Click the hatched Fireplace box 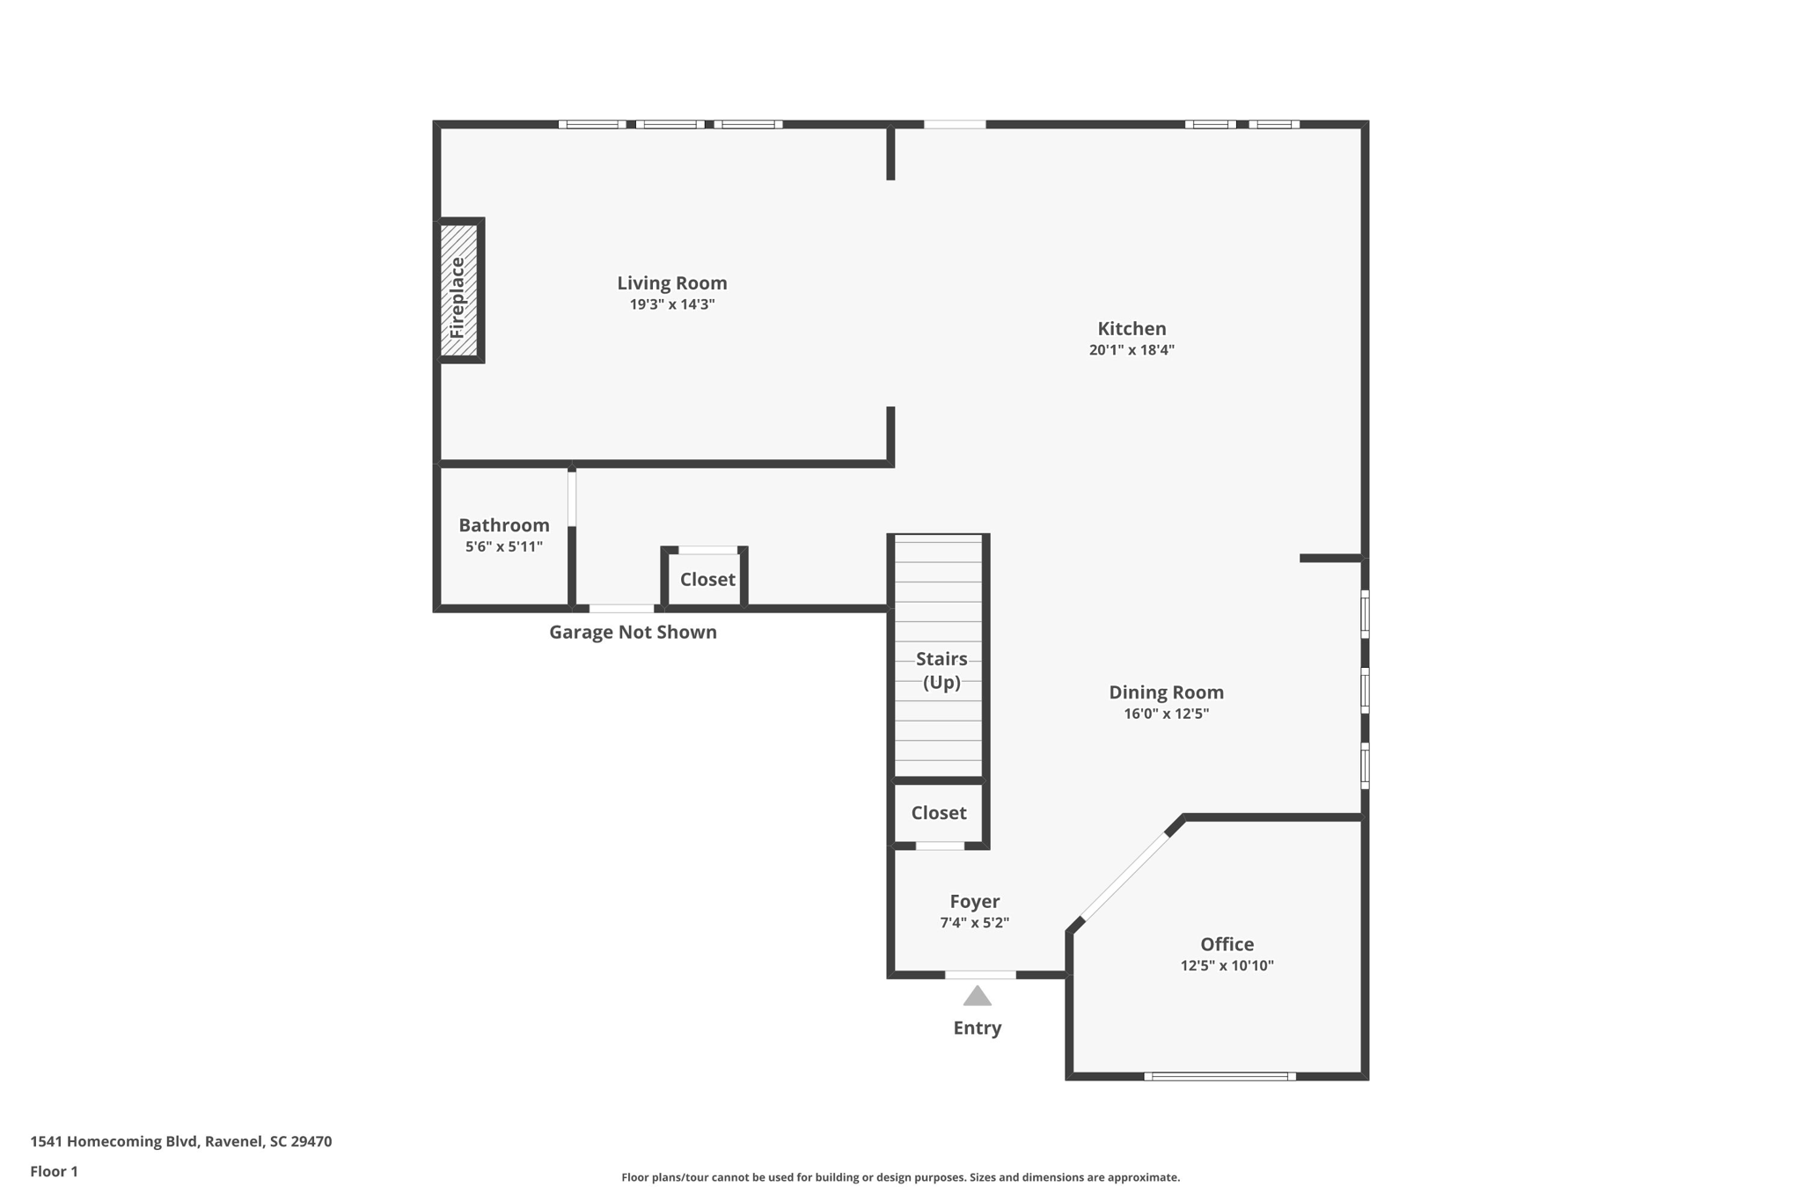click(458, 290)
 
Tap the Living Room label click(671, 283)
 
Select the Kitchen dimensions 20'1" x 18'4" click(1132, 350)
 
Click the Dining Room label click(1166, 692)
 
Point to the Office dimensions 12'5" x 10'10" click(1227, 965)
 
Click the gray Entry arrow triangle click(977, 997)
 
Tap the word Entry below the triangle click(977, 1028)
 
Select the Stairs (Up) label click(941, 670)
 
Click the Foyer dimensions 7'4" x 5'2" click(974, 923)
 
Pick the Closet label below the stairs click(938, 813)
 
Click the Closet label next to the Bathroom click(707, 579)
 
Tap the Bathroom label click(503, 525)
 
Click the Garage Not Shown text click(633, 632)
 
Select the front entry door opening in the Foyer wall click(980, 975)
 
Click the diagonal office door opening click(1124, 877)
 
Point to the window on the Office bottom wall click(1220, 1076)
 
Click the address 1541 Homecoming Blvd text click(180, 1141)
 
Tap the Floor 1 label click(54, 1171)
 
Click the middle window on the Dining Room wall click(1365, 690)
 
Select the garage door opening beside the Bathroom click(621, 608)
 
